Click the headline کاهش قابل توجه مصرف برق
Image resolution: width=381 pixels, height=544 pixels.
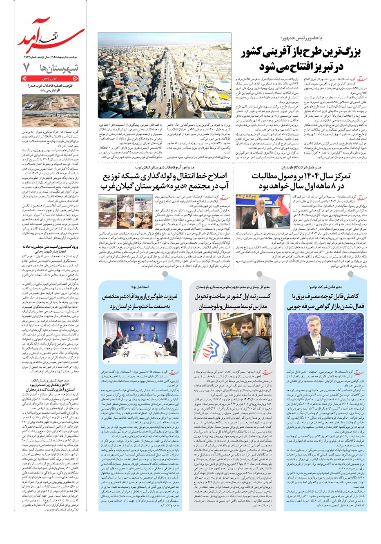(x=326, y=296)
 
